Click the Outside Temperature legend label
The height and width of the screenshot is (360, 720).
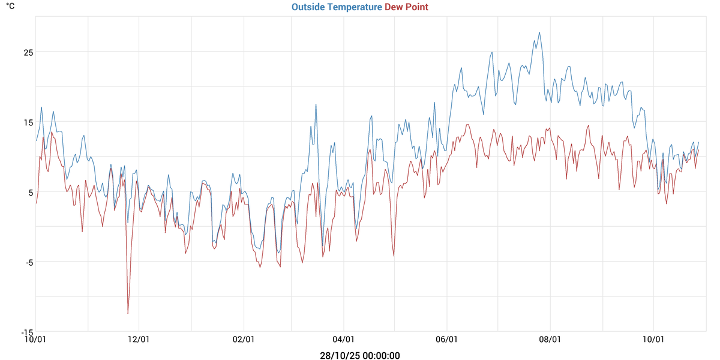pyautogui.click(x=337, y=7)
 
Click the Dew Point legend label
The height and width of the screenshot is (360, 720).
pyautogui.click(x=406, y=7)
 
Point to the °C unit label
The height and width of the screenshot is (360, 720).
pyautogui.click(x=10, y=7)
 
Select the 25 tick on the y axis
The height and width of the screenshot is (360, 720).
pyautogui.click(x=28, y=52)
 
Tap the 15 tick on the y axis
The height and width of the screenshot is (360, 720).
pyautogui.click(x=28, y=122)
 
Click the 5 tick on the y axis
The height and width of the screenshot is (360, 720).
pyautogui.click(x=29, y=193)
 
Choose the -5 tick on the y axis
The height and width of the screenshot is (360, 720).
pyautogui.click(x=28, y=262)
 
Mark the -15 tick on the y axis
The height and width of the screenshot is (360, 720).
pyautogui.click(x=26, y=332)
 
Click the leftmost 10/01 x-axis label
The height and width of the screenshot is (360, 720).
pyautogui.click(x=36, y=339)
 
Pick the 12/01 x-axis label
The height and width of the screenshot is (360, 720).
pyautogui.click(x=139, y=339)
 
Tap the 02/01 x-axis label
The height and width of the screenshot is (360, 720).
pyautogui.click(x=244, y=339)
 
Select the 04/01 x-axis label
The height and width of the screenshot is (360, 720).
pyautogui.click(x=343, y=339)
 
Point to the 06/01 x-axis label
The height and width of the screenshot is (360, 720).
pyautogui.click(x=447, y=339)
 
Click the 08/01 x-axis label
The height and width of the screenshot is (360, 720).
pyautogui.click(x=550, y=339)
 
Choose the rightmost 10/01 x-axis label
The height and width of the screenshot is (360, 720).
pyautogui.click(x=653, y=339)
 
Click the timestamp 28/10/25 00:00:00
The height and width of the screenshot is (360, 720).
pyautogui.click(x=360, y=356)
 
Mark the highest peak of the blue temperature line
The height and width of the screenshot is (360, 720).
pyautogui.click(x=539, y=32)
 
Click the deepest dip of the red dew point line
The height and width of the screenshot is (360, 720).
pyautogui.click(x=128, y=313)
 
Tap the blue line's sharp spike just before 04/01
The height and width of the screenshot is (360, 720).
pyautogui.click(x=316, y=104)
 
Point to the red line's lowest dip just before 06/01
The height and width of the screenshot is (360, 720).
pyautogui.click(x=394, y=256)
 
